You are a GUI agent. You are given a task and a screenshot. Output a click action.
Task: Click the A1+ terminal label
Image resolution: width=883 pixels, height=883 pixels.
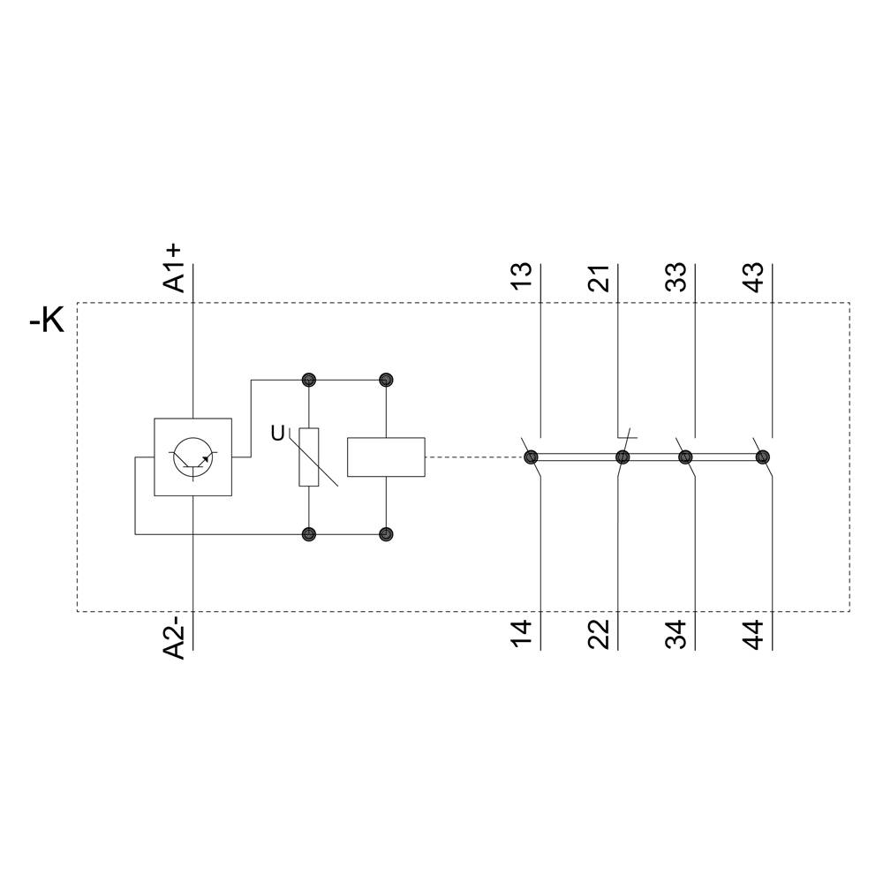point(175,266)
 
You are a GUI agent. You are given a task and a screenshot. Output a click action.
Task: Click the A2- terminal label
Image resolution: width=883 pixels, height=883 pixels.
point(175,638)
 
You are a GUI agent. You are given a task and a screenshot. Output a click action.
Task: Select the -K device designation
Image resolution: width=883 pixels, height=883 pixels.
point(47,321)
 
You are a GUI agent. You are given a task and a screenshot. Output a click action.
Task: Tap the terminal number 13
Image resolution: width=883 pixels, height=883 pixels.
point(522,275)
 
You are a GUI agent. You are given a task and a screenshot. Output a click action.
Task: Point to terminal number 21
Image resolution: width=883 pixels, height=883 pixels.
point(600,275)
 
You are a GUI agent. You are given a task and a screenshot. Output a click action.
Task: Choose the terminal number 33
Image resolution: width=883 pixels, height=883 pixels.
point(676,275)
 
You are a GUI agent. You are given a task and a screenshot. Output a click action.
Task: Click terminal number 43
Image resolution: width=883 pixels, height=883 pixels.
point(754,275)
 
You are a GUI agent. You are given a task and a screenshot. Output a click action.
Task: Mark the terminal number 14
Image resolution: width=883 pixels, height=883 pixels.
point(522,635)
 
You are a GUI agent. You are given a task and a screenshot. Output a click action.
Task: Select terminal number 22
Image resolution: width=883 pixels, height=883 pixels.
point(600,635)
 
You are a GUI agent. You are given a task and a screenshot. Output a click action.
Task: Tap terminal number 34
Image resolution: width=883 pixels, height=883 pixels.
point(676,635)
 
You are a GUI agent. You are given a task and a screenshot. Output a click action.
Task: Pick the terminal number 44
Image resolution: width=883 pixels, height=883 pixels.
point(754,635)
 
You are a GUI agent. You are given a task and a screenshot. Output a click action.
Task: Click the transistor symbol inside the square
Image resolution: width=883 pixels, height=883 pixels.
point(193,457)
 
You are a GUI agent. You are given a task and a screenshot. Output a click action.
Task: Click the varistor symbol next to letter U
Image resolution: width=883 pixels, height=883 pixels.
point(308,457)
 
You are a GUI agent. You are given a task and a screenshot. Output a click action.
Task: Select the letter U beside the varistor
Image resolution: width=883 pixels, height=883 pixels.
point(278,434)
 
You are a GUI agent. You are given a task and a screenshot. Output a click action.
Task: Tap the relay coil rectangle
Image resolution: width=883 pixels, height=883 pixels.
point(386,457)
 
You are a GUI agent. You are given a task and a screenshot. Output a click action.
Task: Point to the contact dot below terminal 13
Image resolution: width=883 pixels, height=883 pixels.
point(531,457)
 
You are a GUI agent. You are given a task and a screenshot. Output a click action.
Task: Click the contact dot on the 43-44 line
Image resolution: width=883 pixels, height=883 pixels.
point(763,457)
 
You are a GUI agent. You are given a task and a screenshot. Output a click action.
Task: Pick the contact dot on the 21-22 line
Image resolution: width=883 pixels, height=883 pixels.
point(623,457)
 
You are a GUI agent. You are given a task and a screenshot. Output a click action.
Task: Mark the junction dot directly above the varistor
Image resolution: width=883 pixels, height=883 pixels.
point(308,380)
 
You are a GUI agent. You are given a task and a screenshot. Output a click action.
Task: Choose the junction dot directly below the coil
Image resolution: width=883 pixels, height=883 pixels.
point(386,534)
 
